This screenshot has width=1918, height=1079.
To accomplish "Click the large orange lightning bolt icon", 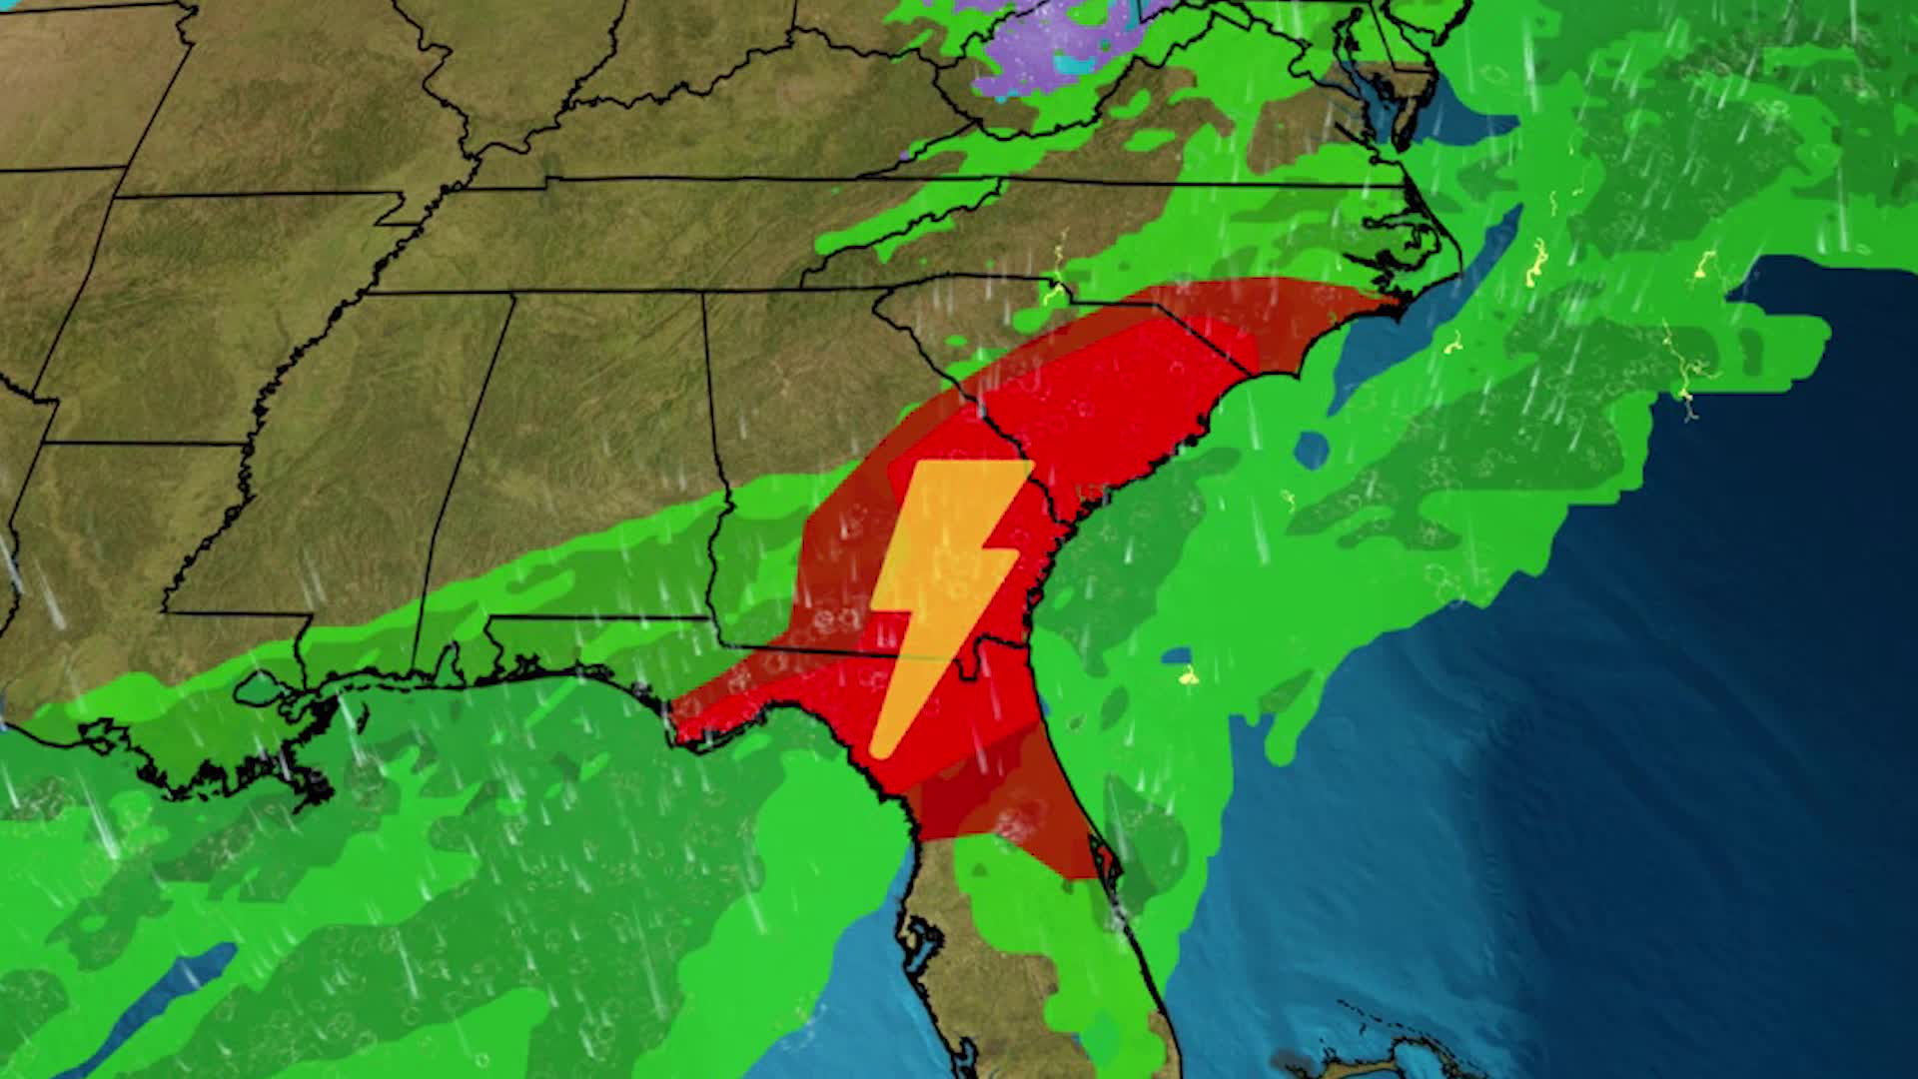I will (x=944, y=599).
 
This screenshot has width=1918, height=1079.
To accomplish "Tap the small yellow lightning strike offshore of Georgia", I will (x=1187, y=677).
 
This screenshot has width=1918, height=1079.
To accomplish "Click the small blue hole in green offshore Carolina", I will (x=1312, y=450).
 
